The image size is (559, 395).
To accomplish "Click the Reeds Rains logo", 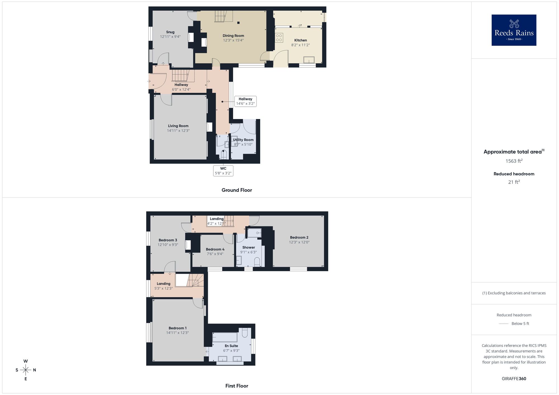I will [x=514, y=30].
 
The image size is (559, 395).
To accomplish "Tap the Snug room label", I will [x=170, y=32].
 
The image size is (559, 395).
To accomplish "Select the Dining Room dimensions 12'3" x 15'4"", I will [x=233, y=40].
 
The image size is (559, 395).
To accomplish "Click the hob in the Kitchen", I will [x=279, y=38].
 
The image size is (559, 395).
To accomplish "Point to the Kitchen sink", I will [x=309, y=60].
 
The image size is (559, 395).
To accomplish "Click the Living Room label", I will [x=178, y=126].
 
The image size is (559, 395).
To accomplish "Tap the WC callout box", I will [x=223, y=171].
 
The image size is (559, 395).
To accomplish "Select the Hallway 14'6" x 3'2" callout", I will [x=245, y=101].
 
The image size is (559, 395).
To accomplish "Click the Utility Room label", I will [x=243, y=140].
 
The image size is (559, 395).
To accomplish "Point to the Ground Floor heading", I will [x=237, y=190].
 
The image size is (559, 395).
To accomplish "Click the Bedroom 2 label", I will [x=299, y=237].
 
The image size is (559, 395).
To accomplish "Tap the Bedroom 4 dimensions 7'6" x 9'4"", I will [x=215, y=254].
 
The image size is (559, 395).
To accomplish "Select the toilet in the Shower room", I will [x=257, y=262].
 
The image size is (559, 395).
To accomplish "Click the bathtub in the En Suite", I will [x=225, y=337].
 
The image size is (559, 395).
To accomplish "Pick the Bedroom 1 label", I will [x=177, y=328].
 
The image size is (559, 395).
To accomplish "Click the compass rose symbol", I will [x=26, y=370].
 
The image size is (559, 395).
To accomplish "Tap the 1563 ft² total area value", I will [x=514, y=161].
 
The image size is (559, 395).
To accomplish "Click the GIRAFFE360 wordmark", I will [x=514, y=379].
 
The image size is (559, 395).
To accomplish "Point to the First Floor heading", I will [x=237, y=386].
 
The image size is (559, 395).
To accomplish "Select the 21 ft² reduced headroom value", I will [x=514, y=182].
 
